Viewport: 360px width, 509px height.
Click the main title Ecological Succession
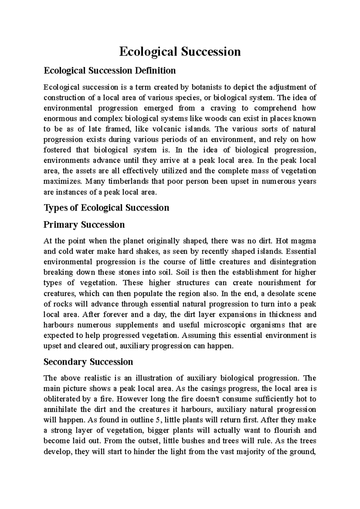pos(180,52)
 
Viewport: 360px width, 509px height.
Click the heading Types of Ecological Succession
pos(106,208)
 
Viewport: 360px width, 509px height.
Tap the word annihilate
pos(59,409)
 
